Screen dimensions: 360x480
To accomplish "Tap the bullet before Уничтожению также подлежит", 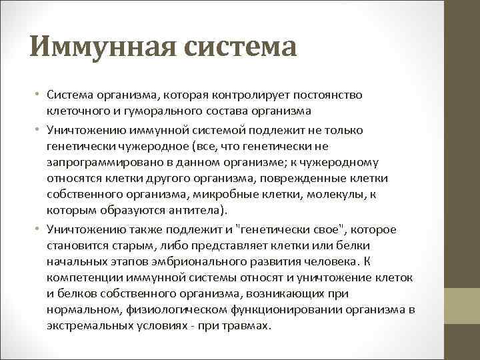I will pos(39,229).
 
